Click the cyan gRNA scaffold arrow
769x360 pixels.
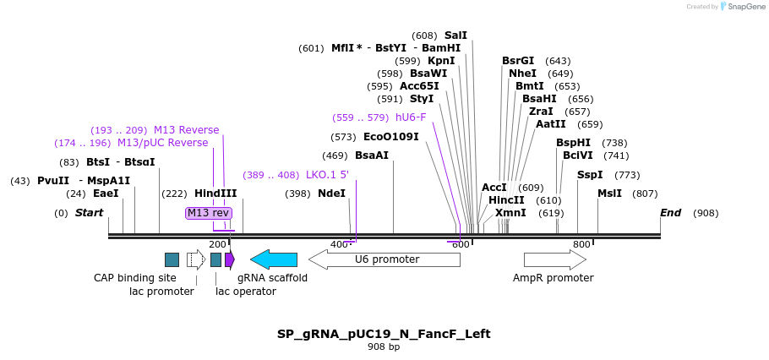(274, 259)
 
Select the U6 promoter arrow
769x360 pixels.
(384, 259)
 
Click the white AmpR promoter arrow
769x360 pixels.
(554, 259)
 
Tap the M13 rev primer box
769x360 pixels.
(208, 213)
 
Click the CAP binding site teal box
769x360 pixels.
(172, 259)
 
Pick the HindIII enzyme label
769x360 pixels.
(215, 194)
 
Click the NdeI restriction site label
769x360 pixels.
(331, 194)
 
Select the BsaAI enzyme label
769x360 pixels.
(372, 155)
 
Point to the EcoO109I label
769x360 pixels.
(390, 136)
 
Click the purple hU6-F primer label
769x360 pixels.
(411, 117)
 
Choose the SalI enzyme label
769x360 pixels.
(455, 35)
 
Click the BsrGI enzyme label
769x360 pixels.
(518, 61)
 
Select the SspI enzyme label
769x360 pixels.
(590, 175)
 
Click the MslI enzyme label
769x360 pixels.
(609, 194)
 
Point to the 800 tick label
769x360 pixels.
(581, 244)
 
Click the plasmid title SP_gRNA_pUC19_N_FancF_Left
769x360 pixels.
(384, 334)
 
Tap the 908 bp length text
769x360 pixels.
(384, 347)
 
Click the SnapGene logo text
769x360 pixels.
(747, 7)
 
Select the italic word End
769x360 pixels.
(670, 213)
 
